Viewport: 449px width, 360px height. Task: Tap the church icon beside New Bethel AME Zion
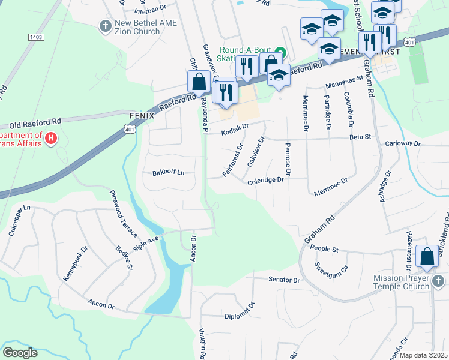click(x=105, y=26)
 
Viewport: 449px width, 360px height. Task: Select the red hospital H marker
click(x=51, y=139)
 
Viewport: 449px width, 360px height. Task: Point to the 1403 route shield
click(x=36, y=37)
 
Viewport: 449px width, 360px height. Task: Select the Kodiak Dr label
click(x=234, y=128)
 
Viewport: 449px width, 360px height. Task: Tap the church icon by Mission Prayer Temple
click(x=439, y=281)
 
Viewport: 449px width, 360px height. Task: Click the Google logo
click(x=20, y=353)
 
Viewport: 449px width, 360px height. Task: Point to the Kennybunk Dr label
click(x=75, y=262)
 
